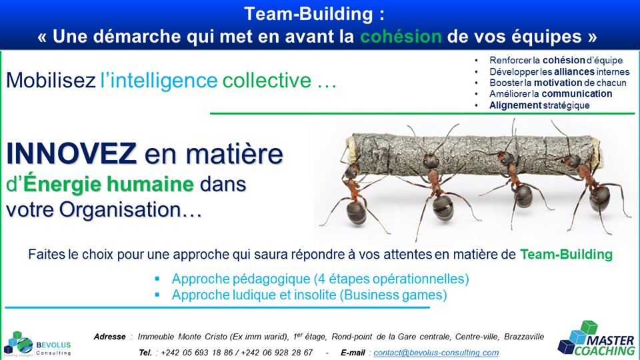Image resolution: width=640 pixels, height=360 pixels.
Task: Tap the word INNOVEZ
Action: (x=72, y=155)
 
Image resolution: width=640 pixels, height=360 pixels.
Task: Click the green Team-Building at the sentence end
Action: (x=566, y=254)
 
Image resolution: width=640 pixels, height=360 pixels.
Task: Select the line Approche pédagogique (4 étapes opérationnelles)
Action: (x=321, y=278)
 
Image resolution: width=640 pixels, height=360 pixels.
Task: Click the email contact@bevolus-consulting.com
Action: (x=436, y=352)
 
